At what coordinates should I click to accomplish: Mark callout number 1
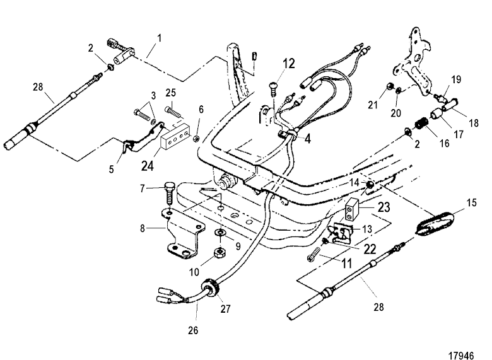click(158, 38)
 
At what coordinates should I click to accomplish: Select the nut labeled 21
click(390, 85)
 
